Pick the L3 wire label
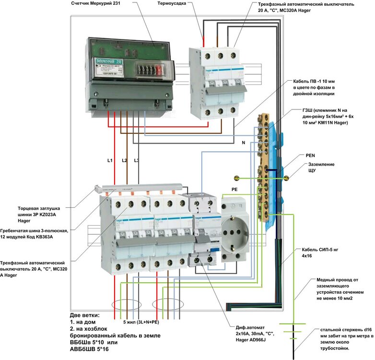[137, 160]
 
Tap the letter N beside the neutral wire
[243, 143]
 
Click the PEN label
[311, 156]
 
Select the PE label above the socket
[234, 190]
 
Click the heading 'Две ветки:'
[85, 315]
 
